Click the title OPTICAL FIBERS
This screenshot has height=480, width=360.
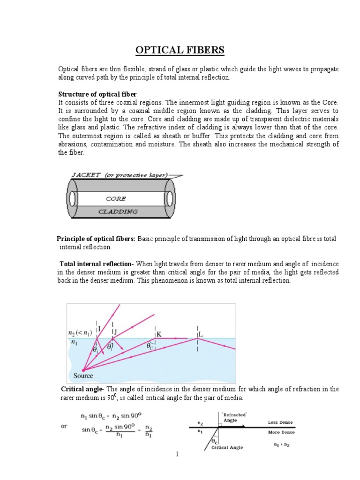coord(180,50)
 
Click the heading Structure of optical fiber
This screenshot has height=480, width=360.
coord(97,94)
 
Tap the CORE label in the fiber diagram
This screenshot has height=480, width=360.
coord(116,199)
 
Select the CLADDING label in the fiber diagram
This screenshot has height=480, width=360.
coord(118,211)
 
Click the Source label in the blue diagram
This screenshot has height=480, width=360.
coord(83,375)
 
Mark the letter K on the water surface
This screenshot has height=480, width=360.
coord(159,334)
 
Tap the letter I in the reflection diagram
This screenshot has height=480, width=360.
coord(99,329)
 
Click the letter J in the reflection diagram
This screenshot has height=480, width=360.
coord(115,332)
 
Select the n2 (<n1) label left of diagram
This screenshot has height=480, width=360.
coord(80,333)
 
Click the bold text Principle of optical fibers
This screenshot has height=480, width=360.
coord(96,239)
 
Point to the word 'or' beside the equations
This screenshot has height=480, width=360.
coord(64,426)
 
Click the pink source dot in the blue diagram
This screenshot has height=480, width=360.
coord(83,369)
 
